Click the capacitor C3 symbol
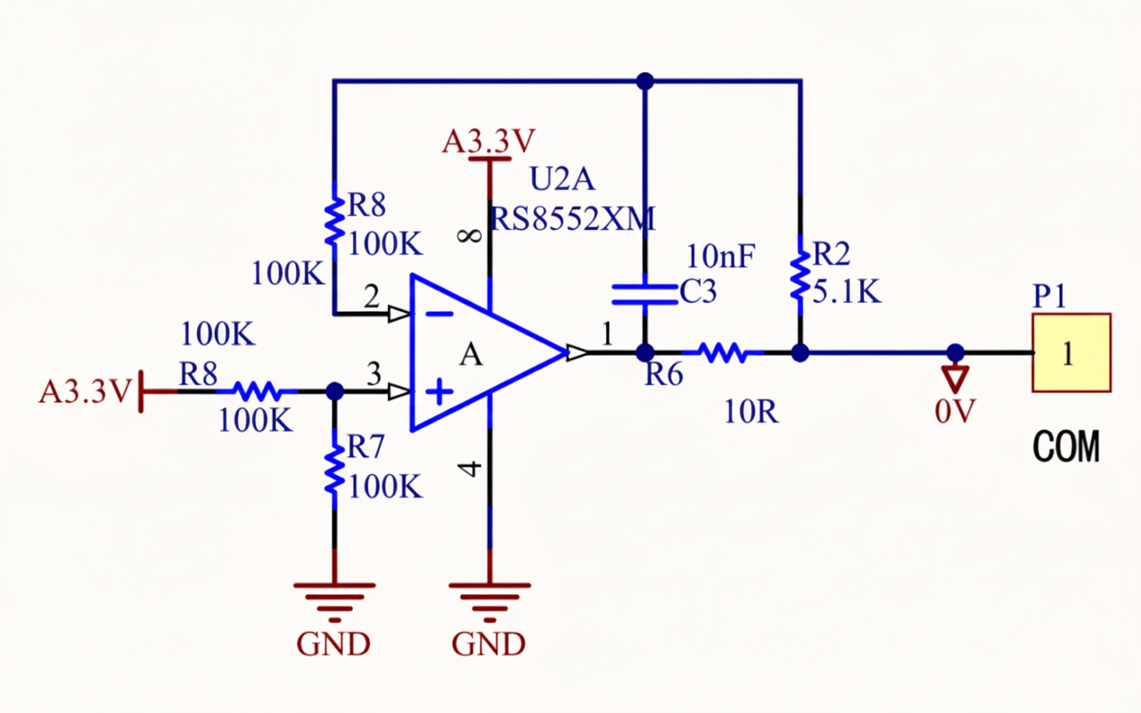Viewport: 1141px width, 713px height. click(644, 294)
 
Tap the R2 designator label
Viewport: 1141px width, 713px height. click(833, 255)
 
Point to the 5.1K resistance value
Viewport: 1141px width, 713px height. click(846, 291)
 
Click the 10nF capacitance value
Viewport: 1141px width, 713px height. click(720, 258)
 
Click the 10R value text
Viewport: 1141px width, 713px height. click(751, 413)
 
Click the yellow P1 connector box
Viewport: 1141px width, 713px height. click(1071, 353)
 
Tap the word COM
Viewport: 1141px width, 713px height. click(1066, 447)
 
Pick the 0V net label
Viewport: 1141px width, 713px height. click(955, 411)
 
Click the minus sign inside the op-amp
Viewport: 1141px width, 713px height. click(439, 314)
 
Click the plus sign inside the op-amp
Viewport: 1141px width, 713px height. click(439, 392)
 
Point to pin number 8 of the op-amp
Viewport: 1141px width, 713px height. click(472, 235)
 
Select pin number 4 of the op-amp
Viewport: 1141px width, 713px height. click(472, 468)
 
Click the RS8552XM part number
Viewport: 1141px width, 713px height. click(572, 217)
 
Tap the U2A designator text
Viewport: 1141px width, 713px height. click(562, 179)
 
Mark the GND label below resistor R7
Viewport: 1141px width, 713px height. click(333, 643)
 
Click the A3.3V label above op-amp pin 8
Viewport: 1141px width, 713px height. click(488, 142)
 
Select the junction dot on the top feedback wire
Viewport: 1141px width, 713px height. click(645, 81)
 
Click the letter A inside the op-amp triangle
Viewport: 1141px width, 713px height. click(471, 355)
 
